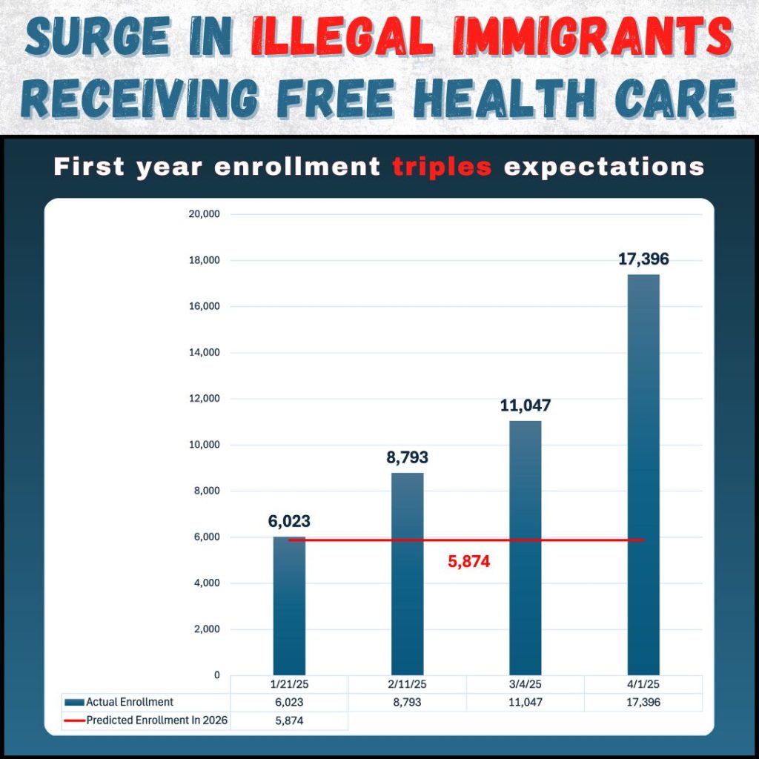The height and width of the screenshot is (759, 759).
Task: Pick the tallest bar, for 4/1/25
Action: (643, 474)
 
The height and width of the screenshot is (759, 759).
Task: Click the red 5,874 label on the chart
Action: (469, 562)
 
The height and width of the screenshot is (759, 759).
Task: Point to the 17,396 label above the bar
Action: (643, 259)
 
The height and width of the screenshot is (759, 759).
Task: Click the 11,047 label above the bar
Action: (526, 405)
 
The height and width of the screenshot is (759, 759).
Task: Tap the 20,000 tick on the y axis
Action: (205, 214)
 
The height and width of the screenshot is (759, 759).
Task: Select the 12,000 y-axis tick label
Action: (205, 399)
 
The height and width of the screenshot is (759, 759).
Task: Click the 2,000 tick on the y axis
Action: (207, 629)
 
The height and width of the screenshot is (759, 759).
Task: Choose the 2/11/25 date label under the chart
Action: (407, 684)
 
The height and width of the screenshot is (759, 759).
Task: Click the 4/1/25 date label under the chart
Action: (643, 684)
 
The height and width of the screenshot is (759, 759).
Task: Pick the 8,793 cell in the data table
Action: (407, 702)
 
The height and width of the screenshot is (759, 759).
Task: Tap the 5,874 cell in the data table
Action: (289, 720)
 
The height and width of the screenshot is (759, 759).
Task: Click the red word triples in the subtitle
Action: (443, 167)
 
